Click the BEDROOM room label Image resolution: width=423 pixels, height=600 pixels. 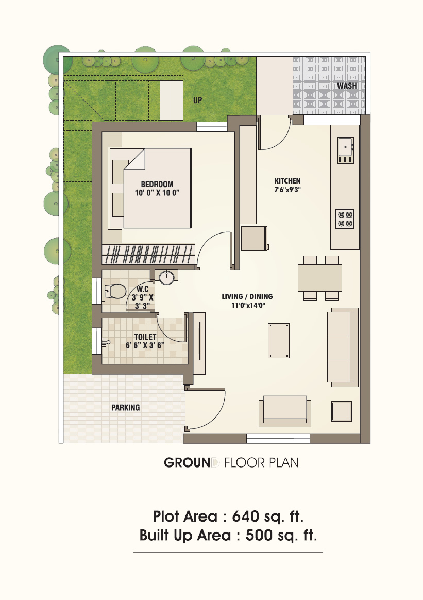[157, 184]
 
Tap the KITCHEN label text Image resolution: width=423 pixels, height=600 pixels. [287, 181]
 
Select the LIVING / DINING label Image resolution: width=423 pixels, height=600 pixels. [247, 296]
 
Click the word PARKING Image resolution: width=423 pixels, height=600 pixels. [125, 408]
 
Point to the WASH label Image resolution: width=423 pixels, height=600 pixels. [347, 86]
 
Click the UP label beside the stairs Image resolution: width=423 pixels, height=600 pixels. [197, 100]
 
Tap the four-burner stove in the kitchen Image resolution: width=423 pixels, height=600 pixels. [345, 219]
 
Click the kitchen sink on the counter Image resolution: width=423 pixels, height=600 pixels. [345, 151]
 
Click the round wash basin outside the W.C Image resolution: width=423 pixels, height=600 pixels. [166, 277]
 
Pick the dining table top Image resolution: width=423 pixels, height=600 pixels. [320, 278]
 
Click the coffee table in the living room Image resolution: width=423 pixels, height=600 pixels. [279, 341]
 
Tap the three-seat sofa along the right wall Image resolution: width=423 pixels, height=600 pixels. [343, 347]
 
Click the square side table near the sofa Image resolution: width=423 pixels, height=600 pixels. [342, 411]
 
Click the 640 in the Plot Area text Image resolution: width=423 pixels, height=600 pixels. [246, 516]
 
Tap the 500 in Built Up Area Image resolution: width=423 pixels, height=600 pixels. [259, 536]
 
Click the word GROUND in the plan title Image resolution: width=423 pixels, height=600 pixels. [188, 462]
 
